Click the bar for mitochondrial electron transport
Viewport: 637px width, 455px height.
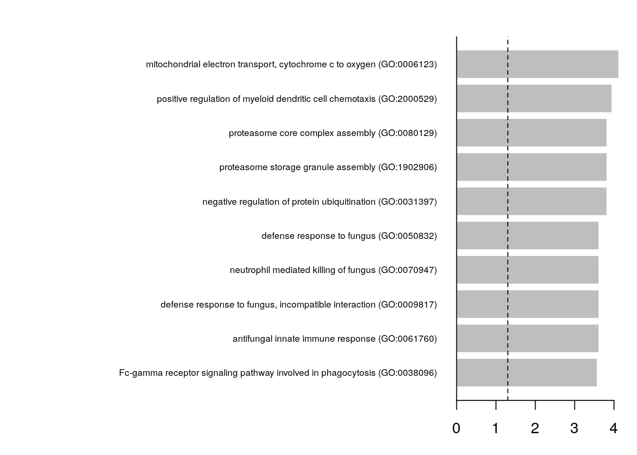(x=537, y=64)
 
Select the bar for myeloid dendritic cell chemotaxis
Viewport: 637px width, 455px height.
(x=534, y=99)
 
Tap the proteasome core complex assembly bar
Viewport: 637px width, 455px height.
(x=531, y=133)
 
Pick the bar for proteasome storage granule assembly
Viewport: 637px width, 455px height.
(x=531, y=167)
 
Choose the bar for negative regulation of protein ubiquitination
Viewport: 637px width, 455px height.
(x=531, y=201)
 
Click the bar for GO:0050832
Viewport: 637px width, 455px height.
(x=527, y=236)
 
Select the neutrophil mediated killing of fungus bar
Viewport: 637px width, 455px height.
(x=527, y=270)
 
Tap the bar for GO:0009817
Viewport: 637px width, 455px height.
(x=527, y=304)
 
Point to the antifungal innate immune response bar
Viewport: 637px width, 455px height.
(x=527, y=338)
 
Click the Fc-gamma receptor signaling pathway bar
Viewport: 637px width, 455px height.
(x=526, y=373)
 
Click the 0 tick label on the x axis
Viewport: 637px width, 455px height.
(x=456, y=428)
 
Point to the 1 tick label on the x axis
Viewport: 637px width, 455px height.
(x=496, y=428)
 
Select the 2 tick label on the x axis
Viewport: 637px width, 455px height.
(x=535, y=428)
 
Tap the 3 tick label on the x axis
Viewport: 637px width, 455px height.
(x=574, y=428)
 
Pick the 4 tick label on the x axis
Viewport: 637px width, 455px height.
(x=614, y=428)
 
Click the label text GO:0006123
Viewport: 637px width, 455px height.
(x=408, y=64)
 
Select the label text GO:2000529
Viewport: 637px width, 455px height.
(x=408, y=99)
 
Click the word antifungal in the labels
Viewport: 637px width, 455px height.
(x=253, y=339)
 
